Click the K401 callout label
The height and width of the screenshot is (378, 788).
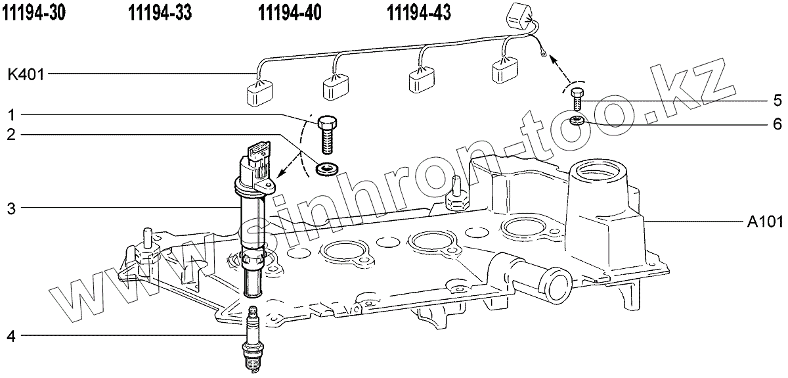point(26,74)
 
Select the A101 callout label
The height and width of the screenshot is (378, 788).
point(764,222)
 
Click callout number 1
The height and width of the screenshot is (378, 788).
point(11,114)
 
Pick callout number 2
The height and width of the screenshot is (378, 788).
point(11,135)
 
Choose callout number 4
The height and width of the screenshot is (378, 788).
point(11,337)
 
